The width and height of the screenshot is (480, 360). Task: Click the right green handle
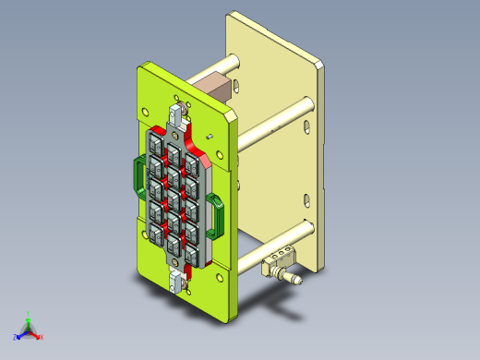click(x=217, y=215)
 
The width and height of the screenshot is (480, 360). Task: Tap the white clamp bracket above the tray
click(x=178, y=117)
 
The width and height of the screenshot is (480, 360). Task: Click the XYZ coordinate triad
click(x=29, y=328)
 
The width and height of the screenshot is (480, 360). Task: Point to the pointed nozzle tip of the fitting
click(x=298, y=278)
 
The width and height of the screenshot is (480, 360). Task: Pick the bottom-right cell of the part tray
click(x=191, y=252)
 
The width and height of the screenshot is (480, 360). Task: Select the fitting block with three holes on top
click(x=280, y=259)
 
